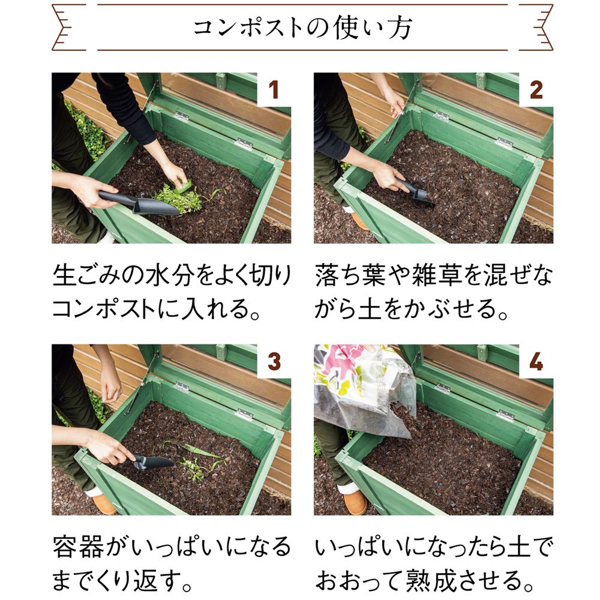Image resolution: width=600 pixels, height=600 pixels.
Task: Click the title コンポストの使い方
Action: click(x=302, y=28)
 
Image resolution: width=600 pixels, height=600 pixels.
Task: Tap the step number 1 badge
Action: click(x=274, y=89)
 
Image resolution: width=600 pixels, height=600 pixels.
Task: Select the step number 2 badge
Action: click(x=536, y=89)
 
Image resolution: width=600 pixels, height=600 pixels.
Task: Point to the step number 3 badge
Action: click(x=274, y=361)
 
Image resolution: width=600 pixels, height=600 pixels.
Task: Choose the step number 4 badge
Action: click(x=536, y=361)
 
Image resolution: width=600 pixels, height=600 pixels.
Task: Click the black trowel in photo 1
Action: click(x=138, y=203)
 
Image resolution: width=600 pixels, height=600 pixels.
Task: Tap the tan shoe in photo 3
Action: click(x=103, y=505)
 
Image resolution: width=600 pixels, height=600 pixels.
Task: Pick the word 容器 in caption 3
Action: click(x=78, y=547)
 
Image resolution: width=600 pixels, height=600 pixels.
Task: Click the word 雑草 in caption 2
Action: click(x=437, y=275)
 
